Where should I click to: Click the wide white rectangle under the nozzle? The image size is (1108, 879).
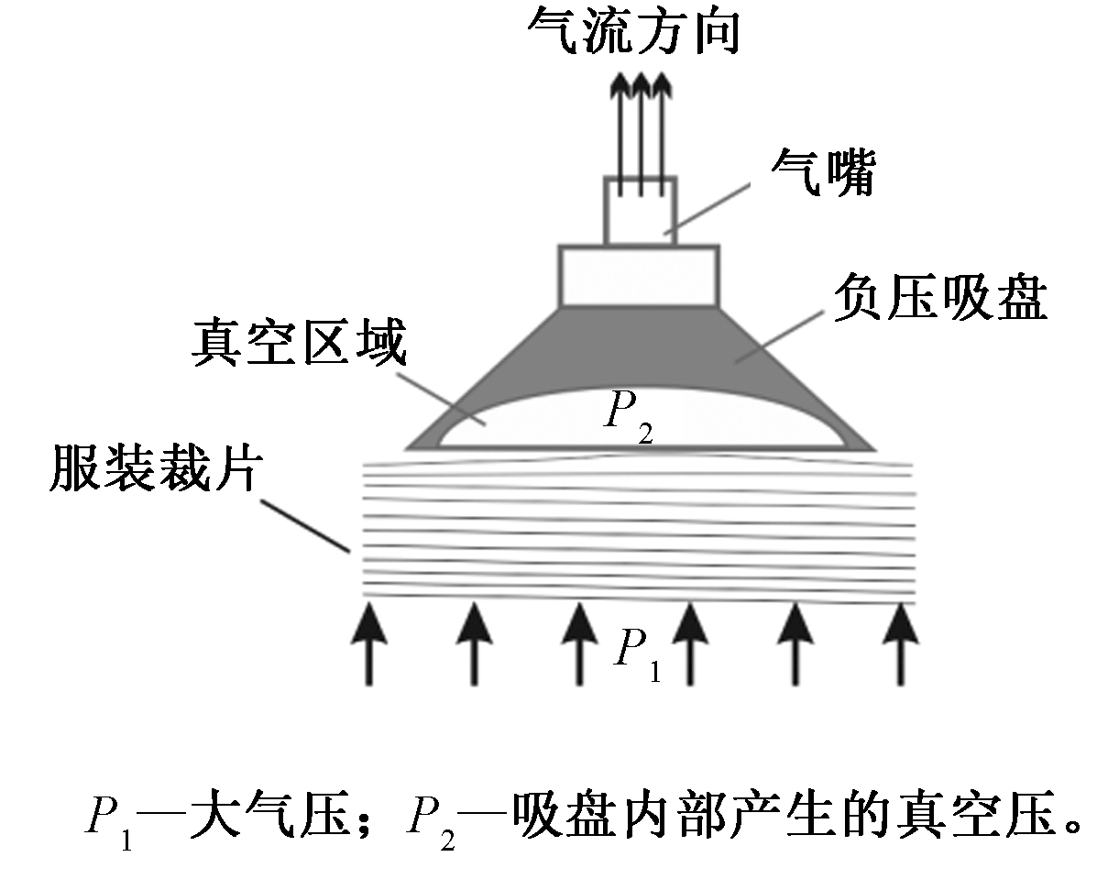coord(639,275)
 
